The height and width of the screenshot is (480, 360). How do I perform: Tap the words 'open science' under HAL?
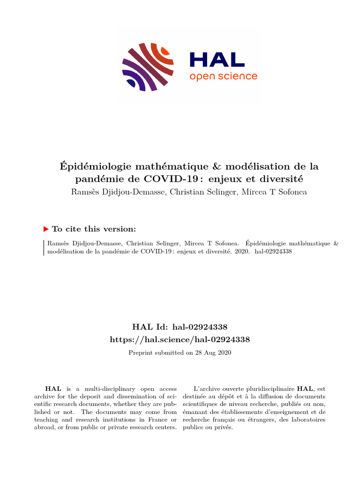pos(223,76)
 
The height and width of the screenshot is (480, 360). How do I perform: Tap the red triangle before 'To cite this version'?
pos(46,229)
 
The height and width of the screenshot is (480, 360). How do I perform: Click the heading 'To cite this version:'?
pos(94,229)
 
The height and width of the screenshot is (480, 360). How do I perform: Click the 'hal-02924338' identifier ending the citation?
pos(273,251)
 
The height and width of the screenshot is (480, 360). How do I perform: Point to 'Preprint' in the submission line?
pos(140,352)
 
